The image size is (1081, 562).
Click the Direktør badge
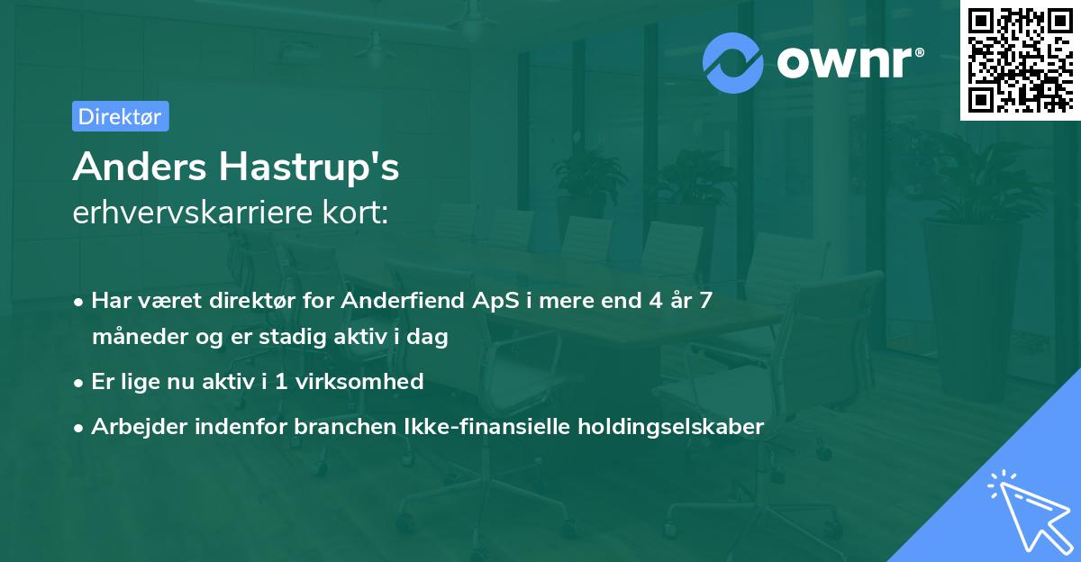120,116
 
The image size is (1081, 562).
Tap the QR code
1019,59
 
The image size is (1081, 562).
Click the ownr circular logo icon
733,62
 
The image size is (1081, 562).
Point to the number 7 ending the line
706,301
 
